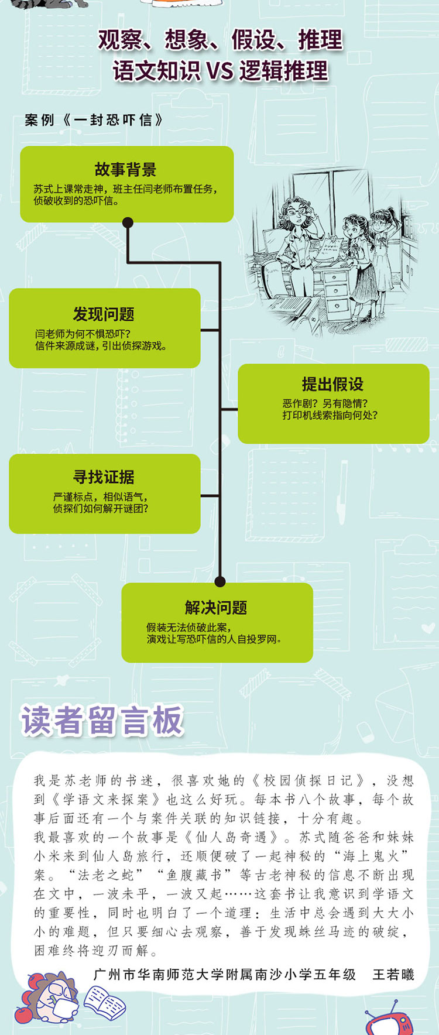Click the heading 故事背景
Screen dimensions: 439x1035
tap(126, 170)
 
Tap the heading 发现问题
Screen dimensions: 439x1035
tap(104, 314)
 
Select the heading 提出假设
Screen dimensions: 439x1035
tap(332, 384)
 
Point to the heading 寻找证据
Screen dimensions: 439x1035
tap(104, 477)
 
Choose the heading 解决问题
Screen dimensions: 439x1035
tap(216, 608)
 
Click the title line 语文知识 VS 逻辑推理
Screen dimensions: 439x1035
tap(220, 71)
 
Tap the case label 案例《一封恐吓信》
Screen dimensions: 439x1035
tap(94, 120)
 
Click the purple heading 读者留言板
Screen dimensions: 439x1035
tap(102, 720)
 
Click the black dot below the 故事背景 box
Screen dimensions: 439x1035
tap(128, 222)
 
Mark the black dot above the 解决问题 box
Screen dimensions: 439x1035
tap(220, 581)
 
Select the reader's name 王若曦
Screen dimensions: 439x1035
tap(393, 974)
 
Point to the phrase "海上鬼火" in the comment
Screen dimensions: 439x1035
tap(372, 856)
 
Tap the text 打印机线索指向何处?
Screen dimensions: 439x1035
tap(330, 415)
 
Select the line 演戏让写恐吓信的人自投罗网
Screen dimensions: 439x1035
tap(214, 639)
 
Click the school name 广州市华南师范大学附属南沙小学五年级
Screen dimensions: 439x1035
tap(225, 974)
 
